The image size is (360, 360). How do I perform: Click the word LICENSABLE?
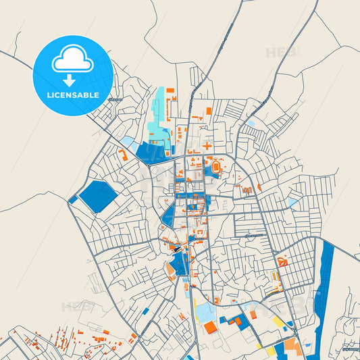tap(72, 95)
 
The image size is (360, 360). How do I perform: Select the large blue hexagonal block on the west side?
tap(97, 196)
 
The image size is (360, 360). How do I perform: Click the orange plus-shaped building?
tap(207, 145)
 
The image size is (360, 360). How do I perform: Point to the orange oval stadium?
tap(215, 165)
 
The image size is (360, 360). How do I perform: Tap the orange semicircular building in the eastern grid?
tap(282, 261)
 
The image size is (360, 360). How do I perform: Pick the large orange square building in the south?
tap(210, 328)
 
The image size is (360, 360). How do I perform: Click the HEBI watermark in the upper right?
tap(278, 52)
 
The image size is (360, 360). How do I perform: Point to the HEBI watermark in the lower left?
tap(77, 307)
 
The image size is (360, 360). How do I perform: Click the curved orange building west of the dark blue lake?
tap(123, 154)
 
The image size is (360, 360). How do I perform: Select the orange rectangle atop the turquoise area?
tap(170, 90)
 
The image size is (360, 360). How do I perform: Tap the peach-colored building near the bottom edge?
tap(291, 344)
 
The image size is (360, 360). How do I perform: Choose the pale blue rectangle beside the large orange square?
tap(203, 312)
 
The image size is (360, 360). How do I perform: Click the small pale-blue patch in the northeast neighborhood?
tap(292, 202)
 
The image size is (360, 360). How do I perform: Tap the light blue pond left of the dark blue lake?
tap(128, 141)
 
